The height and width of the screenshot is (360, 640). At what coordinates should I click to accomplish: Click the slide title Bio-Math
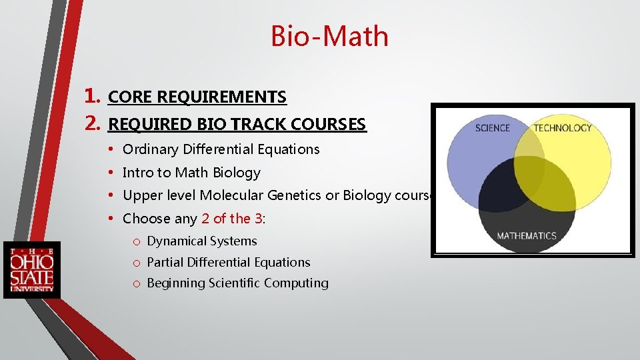329,36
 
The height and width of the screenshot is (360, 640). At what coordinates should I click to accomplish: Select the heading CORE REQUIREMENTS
197,97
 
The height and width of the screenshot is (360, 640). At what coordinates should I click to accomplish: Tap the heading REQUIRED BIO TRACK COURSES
237,125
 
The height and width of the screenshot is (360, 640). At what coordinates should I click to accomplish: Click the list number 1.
93,97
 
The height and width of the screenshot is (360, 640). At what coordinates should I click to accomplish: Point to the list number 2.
93,124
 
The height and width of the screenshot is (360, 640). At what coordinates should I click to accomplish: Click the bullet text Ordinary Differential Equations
221,149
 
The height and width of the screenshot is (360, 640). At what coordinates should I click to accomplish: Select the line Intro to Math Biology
191,173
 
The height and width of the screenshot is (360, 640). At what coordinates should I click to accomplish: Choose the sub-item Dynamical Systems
201,241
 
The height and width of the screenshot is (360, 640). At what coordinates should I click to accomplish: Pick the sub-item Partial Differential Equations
228,263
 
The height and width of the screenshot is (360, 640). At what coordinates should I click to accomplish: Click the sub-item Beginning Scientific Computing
237,283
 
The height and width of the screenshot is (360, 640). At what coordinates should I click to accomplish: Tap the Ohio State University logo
31,270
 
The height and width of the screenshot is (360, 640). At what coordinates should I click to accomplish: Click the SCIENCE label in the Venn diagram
492,128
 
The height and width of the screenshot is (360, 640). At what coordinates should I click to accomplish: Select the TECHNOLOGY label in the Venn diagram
562,128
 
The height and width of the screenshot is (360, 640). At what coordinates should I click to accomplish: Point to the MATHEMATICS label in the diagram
526,236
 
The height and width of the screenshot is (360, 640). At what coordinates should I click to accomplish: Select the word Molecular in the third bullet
231,195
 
